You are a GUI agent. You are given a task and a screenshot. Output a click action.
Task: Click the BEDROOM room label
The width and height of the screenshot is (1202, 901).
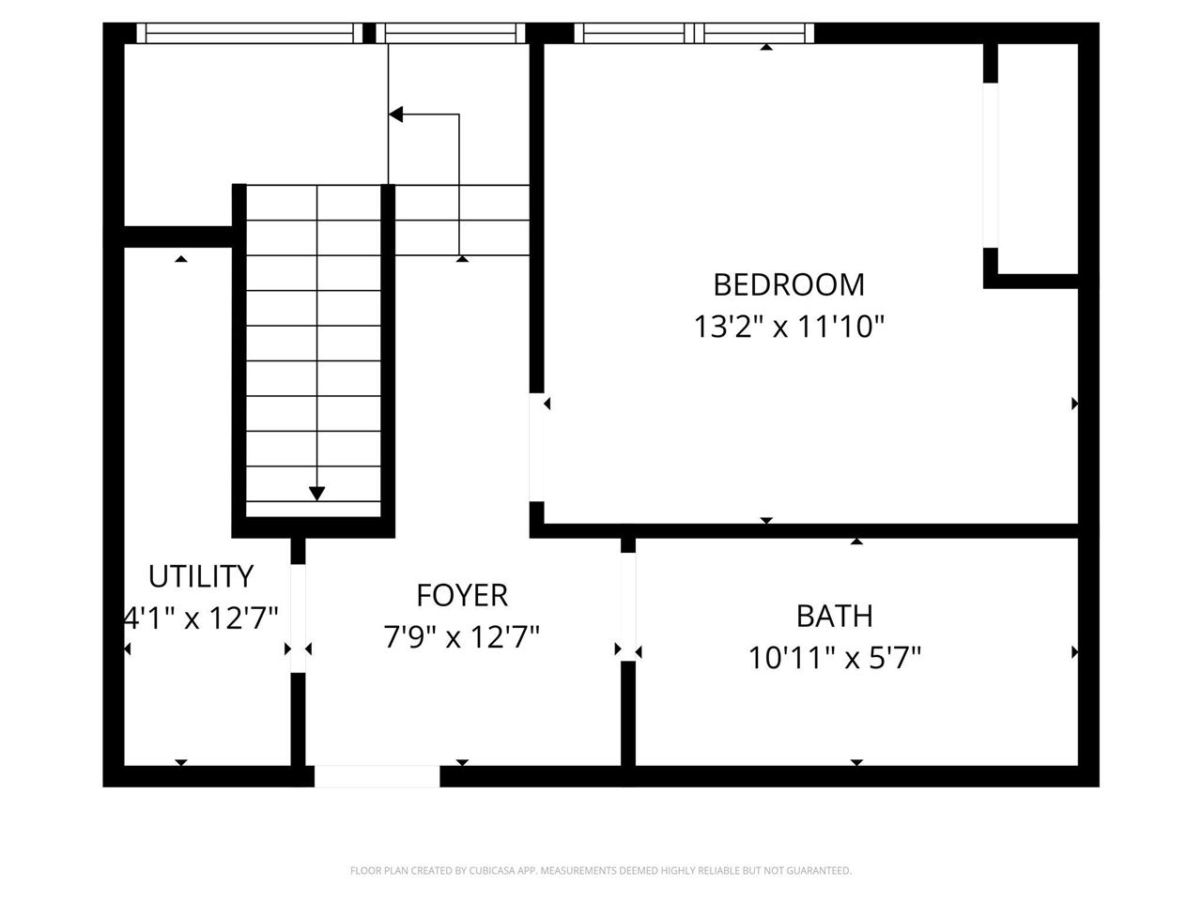[x=789, y=284]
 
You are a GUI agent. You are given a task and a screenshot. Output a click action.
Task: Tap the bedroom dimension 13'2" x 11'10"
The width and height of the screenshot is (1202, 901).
[x=789, y=327]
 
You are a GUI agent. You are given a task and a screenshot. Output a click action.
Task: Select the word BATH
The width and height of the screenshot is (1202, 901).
[x=834, y=616]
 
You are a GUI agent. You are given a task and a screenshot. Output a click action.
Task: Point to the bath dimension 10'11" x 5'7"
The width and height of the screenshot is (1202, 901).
[x=834, y=658]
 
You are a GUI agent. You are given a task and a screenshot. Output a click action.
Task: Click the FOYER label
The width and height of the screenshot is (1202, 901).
[x=462, y=595]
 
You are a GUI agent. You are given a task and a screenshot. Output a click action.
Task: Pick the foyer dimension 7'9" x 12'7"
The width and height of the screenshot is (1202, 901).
[x=462, y=638]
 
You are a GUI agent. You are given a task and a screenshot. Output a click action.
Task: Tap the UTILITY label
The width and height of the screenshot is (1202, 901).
[x=201, y=575]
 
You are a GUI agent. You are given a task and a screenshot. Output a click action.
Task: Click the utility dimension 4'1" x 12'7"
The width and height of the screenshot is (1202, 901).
[x=201, y=618]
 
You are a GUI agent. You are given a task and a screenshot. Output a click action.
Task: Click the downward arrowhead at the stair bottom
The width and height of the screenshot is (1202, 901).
[x=317, y=493]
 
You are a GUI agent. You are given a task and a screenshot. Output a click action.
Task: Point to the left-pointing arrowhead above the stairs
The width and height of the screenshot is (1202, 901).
[x=396, y=115]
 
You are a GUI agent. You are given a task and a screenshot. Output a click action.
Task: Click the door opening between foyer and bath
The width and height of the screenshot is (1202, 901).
[x=628, y=606]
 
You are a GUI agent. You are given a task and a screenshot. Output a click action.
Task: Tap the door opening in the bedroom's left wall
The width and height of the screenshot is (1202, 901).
[x=537, y=447]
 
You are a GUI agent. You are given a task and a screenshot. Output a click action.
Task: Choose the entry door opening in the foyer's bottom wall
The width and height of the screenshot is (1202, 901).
[x=377, y=776]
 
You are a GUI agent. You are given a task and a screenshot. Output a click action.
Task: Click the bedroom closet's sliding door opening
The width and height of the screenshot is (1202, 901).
[x=990, y=166]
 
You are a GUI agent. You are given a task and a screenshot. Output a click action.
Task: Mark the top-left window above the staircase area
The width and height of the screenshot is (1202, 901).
[x=250, y=34]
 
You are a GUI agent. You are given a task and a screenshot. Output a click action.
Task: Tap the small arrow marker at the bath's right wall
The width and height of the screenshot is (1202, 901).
[x=1074, y=651]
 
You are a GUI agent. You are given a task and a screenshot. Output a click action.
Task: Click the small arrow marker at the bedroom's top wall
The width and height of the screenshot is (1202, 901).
[x=766, y=47]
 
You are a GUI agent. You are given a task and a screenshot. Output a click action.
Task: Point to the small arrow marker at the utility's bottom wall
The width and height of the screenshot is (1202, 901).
[x=181, y=763]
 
